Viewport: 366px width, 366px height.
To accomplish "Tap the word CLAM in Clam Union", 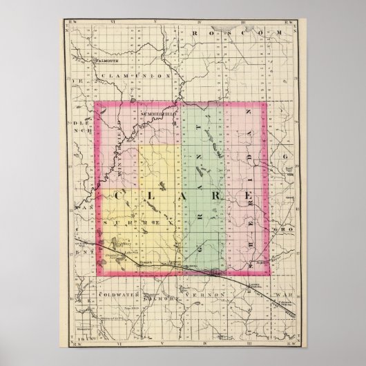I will (111, 75).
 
